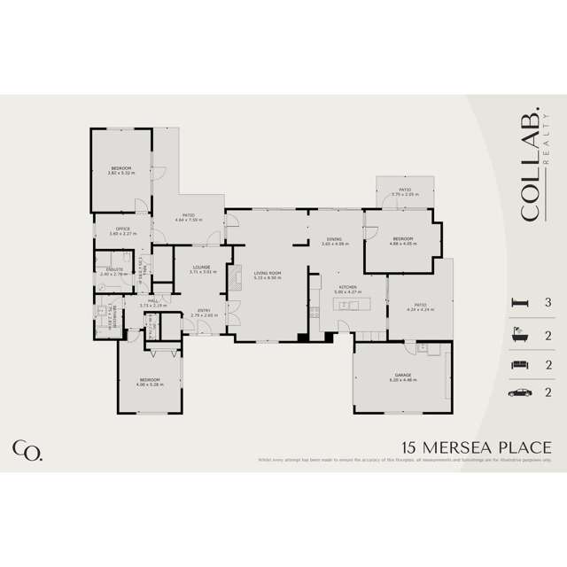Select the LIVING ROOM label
tap(267, 274)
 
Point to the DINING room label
tap(334, 239)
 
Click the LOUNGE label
tap(199, 268)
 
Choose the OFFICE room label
tap(123, 229)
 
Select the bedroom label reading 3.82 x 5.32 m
tap(120, 168)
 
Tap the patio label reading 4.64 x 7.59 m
tap(189, 215)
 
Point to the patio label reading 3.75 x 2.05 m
tap(404, 190)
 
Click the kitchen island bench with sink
tap(348, 306)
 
